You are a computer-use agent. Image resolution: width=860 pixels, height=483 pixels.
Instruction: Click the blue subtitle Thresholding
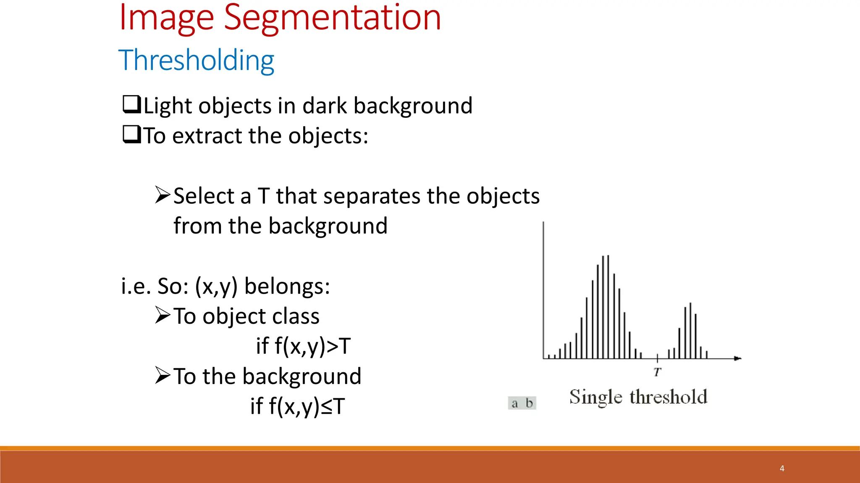(x=197, y=60)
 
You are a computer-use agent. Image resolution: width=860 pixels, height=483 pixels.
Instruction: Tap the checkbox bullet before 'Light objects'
(x=131, y=104)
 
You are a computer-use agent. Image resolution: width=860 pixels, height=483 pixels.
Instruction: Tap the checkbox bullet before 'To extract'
(x=131, y=135)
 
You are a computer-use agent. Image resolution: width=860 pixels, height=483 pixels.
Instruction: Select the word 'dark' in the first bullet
(x=325, y=105)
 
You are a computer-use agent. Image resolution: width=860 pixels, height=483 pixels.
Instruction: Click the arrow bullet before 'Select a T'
(x=162, y=195)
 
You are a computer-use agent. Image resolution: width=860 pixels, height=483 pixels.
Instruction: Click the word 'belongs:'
(x=287, y=286)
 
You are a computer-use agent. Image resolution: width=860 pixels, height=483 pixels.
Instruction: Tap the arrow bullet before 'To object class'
(x=162, y=315)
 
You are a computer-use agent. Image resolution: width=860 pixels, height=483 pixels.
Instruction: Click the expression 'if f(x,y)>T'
(x=303, y=346)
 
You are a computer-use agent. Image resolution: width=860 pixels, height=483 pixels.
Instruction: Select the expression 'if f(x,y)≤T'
(x=297, y=406)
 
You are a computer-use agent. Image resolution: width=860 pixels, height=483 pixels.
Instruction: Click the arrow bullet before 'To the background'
(x=162, y=375)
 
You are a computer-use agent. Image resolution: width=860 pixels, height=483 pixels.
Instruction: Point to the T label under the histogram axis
(x=657, y=371)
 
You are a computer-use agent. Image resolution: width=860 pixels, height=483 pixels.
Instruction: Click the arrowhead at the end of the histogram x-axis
(x=737, y=358)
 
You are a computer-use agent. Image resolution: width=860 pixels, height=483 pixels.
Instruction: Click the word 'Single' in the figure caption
(x=595, y=397)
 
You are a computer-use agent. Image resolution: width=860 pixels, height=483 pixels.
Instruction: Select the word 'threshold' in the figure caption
(x=668, y=397)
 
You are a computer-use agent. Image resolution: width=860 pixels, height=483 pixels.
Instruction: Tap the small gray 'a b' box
(x=522, y=403)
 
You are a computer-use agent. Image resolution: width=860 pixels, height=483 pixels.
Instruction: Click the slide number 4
(x=782, y=468)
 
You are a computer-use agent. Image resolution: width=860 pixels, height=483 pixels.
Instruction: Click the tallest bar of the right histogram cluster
(x=690, y=331)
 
